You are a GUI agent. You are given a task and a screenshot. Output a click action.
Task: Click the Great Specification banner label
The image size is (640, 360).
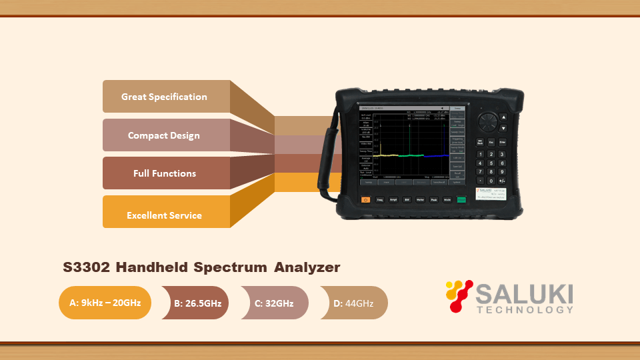coord(164,97)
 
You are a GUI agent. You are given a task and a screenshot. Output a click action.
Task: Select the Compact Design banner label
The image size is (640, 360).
coord(164,135)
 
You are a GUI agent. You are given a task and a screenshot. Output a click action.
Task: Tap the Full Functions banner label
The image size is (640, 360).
coord(164,173)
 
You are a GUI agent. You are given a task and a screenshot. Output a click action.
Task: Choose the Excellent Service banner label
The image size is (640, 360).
coord(164,215)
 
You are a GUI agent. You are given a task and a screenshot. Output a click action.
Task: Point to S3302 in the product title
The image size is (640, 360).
coord(87,267)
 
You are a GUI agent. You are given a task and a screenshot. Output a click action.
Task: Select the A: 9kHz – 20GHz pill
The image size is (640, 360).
coord(105,303)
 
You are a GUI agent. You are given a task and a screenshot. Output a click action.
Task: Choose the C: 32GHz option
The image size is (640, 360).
coord(274,303)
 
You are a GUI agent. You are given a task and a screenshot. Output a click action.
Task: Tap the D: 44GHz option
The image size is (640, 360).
coord(353,303)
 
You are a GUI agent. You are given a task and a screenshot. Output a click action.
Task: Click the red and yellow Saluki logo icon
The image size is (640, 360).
coord(459,296)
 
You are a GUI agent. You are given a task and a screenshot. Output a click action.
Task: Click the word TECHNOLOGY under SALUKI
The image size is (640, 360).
coord(525,309)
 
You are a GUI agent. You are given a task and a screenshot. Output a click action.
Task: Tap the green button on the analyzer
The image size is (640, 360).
coord(461,199)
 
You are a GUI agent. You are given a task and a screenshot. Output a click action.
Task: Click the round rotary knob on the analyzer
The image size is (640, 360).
coord(488,123)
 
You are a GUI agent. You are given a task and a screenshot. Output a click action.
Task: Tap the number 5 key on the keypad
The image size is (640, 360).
coord(491,163)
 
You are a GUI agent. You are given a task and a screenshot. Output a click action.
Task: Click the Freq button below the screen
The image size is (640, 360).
coord(379,199)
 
